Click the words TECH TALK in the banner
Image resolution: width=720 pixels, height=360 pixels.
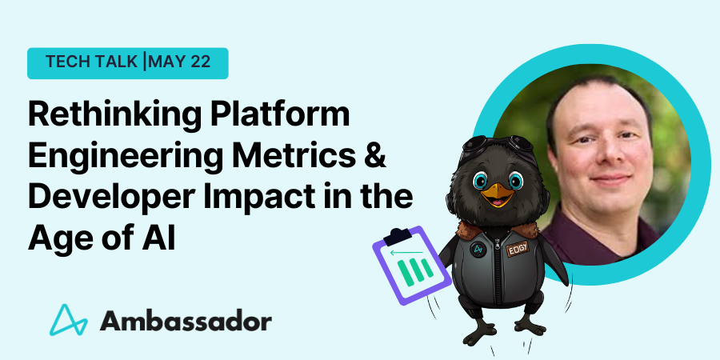point(90,62)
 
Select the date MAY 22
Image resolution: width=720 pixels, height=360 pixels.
point(179,62)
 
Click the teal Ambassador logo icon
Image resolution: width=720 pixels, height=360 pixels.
point(69,319)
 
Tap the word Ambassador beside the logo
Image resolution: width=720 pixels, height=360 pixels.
point(186,322)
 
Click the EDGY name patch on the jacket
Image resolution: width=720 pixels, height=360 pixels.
point(518,249)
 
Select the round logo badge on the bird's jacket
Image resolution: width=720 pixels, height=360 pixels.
point(478,250)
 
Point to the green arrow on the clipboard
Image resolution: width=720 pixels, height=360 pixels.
point(406,252)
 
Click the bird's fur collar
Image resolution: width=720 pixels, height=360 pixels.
point(498,229)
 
